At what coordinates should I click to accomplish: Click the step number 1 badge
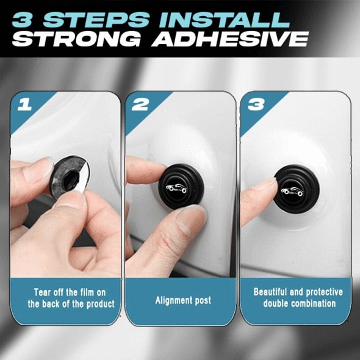pyautogui.click(x=25, y=104)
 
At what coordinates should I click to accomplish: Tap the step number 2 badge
pyautogui.click(x=140, y=104)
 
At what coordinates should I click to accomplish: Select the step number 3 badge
pyautogui.click(x=254, y=104)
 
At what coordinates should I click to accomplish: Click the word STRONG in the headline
pyautogui.click(x=68, y=40)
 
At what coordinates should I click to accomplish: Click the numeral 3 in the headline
pyautogui.click(x=24, y=18)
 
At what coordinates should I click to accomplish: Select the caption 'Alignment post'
pyautogui.click(x=181, y=300)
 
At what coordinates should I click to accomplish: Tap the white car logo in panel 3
pyautogui.click(x=291, y=191)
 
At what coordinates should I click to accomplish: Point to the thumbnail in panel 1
pyautogui.click(x=38, y=171)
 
